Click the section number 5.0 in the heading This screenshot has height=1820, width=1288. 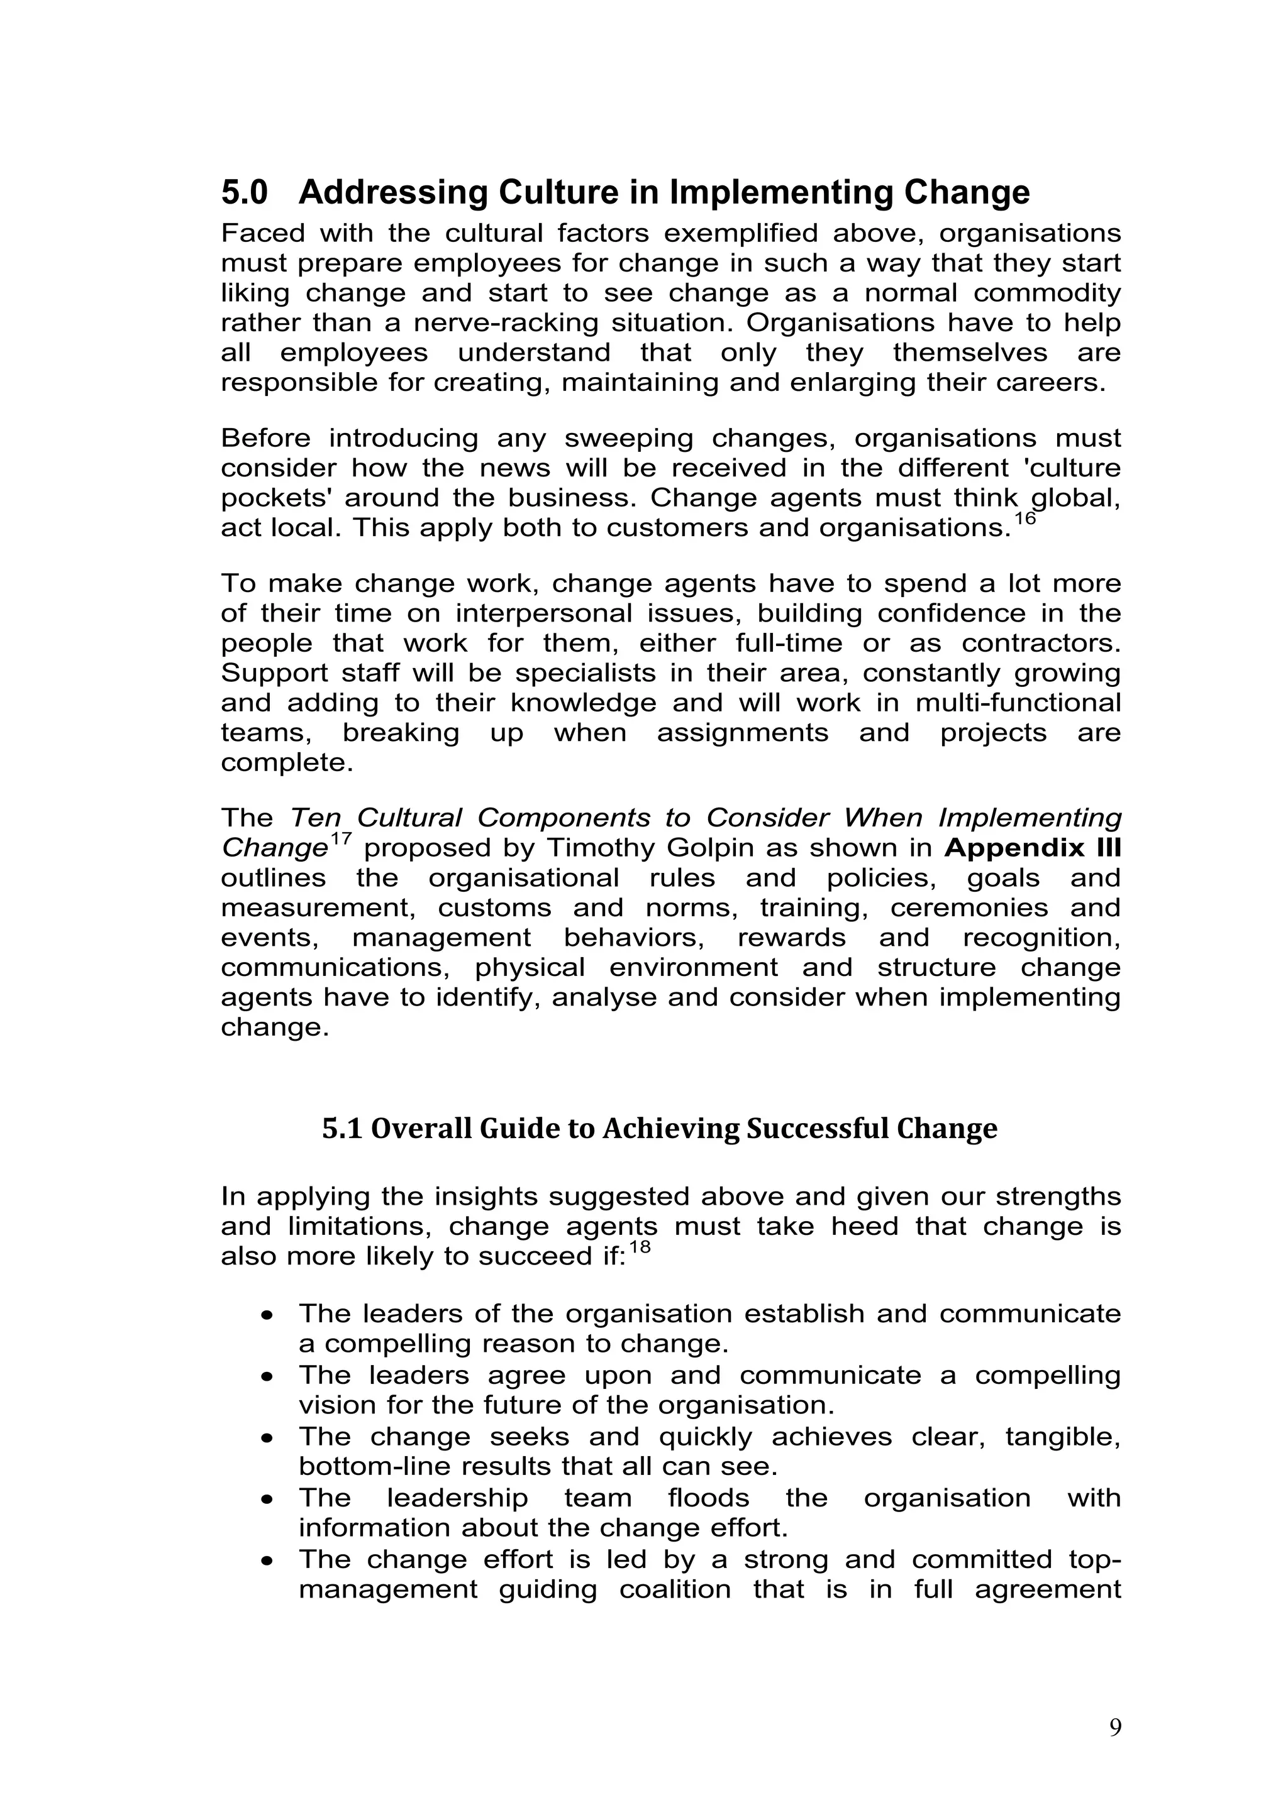tap(244, 193)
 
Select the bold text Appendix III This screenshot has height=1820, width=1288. tap(1033, 848)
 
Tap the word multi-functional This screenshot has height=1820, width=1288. tap(1018, 703)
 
